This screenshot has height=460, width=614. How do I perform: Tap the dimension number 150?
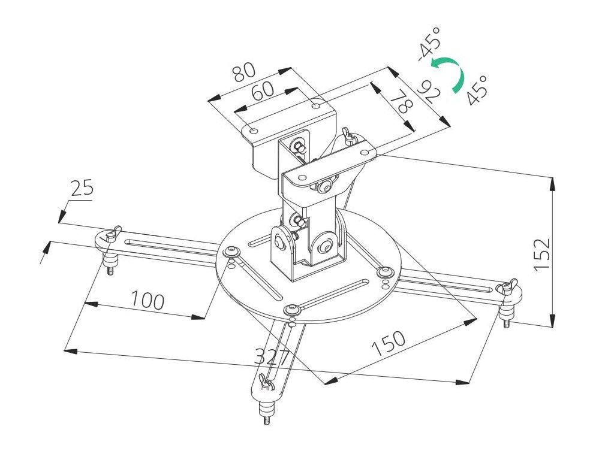point(388,344)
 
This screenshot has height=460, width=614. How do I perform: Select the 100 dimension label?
point(148,300)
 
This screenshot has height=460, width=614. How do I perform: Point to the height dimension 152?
point(541,254)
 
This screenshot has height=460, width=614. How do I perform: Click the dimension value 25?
point(82,189)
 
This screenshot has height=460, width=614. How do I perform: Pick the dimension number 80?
point(245,72)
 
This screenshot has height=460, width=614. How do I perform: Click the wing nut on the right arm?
point(508,287)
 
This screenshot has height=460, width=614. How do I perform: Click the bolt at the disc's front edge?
point(292,310)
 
